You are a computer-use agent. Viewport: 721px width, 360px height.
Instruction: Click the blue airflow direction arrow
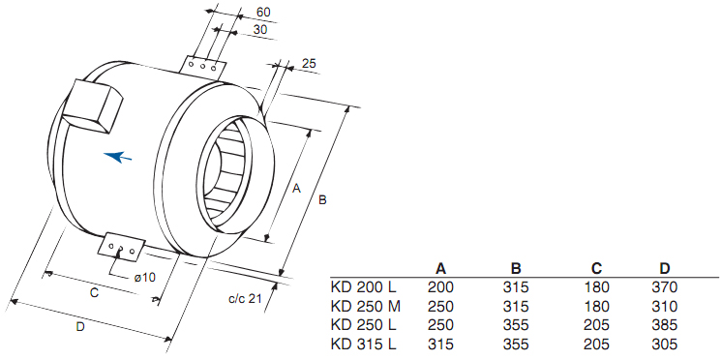click(118, 157)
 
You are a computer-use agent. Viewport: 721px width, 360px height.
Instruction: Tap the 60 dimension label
click(263, 13)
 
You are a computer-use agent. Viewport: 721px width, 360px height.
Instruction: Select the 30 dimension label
click(259, 29)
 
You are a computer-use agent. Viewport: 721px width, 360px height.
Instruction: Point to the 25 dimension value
click(310, 64)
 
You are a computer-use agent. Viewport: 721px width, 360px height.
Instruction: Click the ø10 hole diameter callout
click(145, 277)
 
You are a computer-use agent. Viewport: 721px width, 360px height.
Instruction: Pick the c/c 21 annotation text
click(245, 299)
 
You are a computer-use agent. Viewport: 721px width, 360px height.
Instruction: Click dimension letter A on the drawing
click(296, 188)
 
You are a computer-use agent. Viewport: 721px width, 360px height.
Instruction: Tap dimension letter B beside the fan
click(323, 200)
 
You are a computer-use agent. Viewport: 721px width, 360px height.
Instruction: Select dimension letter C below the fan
click(94, 293)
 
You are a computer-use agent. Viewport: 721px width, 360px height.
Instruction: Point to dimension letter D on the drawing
click(80, 327)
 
